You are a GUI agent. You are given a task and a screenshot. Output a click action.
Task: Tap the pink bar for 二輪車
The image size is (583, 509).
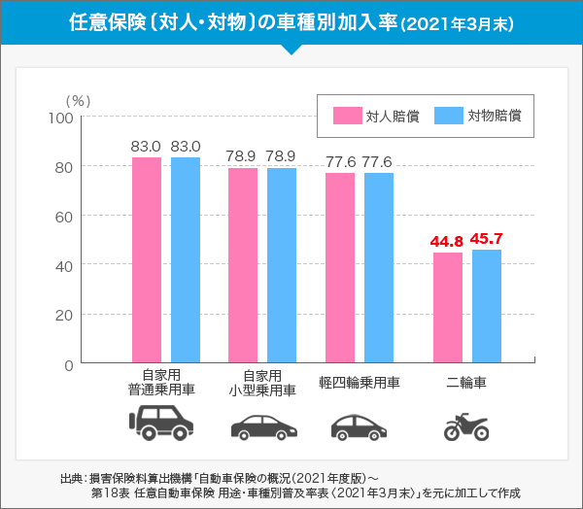[448, 307]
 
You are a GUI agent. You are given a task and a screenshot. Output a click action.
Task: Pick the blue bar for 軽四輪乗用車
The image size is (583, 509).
[379, 267]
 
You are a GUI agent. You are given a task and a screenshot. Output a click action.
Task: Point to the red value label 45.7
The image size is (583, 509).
[486, 239]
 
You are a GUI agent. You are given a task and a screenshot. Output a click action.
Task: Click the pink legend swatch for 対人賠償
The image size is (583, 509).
[347, 116]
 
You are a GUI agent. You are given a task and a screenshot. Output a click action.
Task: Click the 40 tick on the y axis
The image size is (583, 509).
[64, 265]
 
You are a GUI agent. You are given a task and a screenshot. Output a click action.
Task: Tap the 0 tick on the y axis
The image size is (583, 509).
[68, 365]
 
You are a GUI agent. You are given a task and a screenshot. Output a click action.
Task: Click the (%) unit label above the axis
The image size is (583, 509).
[78, 100]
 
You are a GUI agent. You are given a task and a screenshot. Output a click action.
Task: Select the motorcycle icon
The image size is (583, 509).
[465, 426]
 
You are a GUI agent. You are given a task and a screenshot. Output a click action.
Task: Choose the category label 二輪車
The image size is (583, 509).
[466, 383]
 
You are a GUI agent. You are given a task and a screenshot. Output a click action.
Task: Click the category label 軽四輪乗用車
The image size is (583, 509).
[360, 383]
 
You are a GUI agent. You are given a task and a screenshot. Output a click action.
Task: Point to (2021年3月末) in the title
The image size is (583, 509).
[459, 22]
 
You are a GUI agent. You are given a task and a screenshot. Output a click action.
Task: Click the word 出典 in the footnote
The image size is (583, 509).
[71, 478]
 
